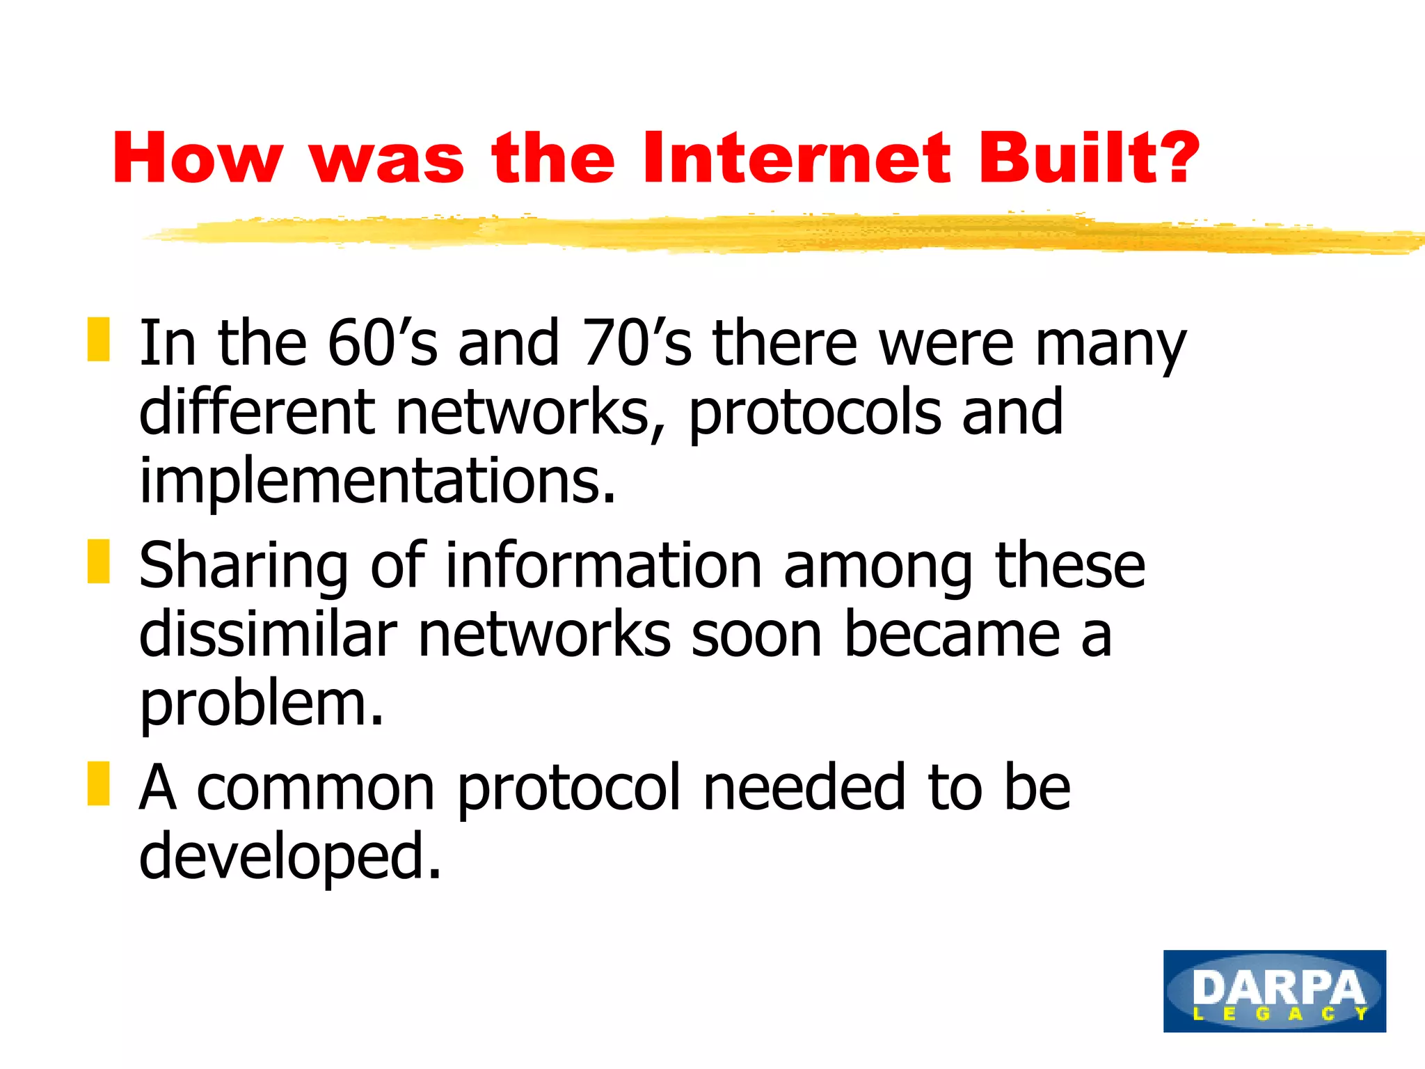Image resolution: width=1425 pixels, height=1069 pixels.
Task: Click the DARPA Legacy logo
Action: click(1274, 990)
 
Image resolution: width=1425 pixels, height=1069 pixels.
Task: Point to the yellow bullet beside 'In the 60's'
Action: click(98, 340)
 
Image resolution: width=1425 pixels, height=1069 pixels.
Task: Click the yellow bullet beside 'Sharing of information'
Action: click(98, 562)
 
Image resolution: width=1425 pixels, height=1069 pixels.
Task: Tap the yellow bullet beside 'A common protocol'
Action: click(98, 784)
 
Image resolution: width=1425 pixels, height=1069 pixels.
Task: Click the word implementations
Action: click(377, 482)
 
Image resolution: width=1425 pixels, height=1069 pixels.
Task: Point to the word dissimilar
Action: click(268, 634)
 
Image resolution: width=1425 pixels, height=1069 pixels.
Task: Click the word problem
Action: click(261, 704)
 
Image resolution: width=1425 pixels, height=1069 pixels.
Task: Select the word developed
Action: click(289, 857)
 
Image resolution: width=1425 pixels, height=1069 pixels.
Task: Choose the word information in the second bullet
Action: click(603, 564)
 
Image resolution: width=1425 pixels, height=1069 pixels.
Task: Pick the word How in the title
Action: click(198, 159)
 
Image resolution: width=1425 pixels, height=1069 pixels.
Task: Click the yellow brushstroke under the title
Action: click(765, 234)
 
